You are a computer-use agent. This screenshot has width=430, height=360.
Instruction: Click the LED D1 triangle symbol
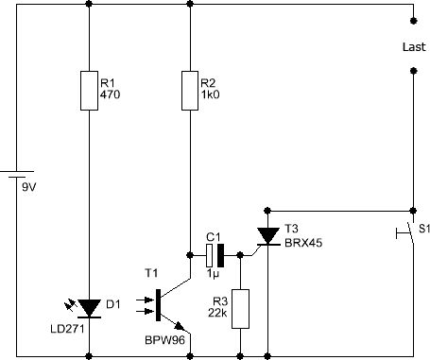pos(89,308)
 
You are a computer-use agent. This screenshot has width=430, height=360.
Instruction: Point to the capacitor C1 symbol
pos(215,255)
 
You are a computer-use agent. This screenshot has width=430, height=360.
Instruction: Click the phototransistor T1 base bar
pos(158,305)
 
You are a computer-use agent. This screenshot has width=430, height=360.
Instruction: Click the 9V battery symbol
pos(17,174)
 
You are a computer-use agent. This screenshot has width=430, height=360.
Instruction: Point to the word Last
pos(414,47)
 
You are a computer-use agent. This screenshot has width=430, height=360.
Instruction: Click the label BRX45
pos(303,243)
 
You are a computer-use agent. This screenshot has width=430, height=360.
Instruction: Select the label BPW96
pos(164,340)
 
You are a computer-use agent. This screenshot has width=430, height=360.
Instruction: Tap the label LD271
pos(67,329)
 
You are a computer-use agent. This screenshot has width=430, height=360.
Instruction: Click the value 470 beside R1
pos(110,94)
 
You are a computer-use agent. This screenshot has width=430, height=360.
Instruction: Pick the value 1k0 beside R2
pos(210,94)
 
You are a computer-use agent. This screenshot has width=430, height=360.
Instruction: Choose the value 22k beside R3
pos(217,313)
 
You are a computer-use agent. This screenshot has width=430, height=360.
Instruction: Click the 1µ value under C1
pos(213,274)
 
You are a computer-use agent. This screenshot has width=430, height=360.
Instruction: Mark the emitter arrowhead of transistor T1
pos(180,326)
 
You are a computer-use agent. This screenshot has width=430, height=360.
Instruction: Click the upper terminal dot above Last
pos(414,21)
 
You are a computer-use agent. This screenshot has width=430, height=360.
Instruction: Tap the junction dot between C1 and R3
pos(240,255)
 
